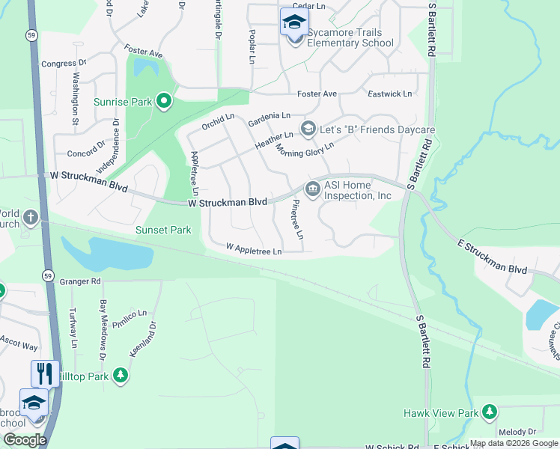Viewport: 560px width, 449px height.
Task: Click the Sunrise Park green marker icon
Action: (x=165, y=102)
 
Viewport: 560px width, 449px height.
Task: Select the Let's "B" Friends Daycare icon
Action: (x=307, y=129)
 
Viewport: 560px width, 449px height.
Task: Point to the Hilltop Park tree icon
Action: (x=121, y=376)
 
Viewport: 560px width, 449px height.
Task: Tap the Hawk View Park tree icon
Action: (x=490, y=412)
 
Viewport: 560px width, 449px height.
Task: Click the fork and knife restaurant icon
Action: (x=45, y=373)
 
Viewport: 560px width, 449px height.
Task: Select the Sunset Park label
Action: (x=163, y=230)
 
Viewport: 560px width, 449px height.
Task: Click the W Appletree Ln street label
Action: (x=254, y=250)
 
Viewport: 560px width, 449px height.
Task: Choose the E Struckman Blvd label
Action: (x=493, y=257)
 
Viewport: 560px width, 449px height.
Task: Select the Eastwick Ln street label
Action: (x=390, y=94)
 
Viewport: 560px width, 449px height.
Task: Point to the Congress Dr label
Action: (x=59, y=64)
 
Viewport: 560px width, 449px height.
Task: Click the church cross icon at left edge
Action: (x=30, y=218)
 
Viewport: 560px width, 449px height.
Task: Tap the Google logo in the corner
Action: (x=24, y=440)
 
